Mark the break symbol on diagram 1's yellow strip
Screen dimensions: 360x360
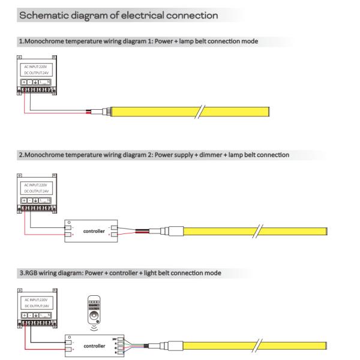point(202,112)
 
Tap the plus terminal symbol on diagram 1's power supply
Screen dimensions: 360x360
point(24,81)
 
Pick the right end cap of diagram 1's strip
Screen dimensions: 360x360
point(269,112)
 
